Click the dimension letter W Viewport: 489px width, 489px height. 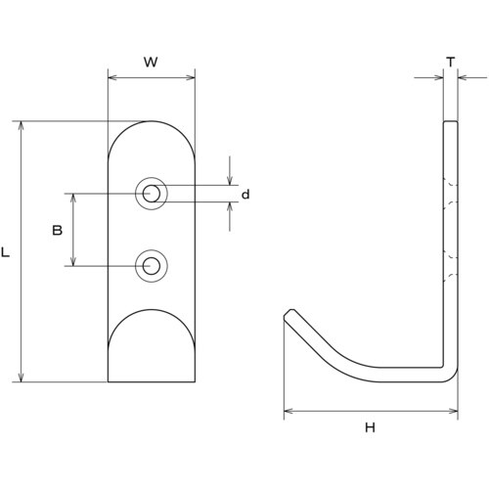(x=151, y=62)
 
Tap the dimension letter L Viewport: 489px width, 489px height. (x=6, y=252)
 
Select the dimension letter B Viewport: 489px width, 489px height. (x=58, y=231)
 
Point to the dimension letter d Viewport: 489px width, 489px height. (x=245, y=195)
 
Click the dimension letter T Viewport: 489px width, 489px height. (x=451, y=62)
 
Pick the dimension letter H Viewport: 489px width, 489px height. (x=370, y=427)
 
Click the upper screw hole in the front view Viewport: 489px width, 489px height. (x=152, y=194)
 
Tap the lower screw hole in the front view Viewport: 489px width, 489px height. (x=152, y=266)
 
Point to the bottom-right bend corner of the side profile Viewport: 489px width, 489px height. (x=453, y=377)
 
